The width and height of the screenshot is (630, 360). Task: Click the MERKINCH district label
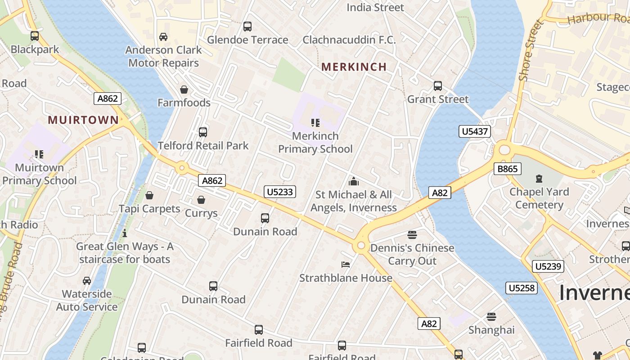354,67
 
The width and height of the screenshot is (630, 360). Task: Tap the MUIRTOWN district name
83,120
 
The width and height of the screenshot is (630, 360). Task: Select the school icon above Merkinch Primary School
315,122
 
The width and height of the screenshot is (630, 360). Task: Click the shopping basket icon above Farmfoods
184,90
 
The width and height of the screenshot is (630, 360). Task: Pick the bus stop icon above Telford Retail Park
203,132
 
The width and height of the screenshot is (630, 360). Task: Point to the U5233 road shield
280,192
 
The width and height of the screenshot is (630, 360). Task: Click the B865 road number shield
507,169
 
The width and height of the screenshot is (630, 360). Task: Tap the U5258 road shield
522,288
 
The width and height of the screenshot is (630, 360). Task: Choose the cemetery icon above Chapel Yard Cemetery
539,179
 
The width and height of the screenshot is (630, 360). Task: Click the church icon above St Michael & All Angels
354,181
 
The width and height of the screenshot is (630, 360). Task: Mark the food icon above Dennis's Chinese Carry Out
412,234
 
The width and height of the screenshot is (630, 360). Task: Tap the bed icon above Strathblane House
346,265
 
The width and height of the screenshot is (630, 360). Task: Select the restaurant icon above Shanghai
491,317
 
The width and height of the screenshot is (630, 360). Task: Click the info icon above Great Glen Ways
125,233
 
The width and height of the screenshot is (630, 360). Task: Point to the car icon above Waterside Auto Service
87,281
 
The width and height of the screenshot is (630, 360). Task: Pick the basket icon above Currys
201,200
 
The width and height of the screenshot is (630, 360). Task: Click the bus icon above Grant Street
437,85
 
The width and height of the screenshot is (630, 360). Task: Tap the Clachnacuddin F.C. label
349,40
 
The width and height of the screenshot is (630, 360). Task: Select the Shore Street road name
531,51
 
